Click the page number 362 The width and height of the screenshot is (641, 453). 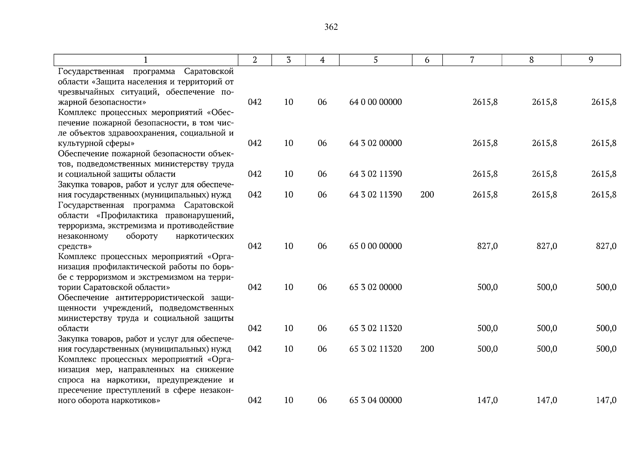331,27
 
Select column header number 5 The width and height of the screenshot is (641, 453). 375,60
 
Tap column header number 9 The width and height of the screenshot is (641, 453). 591,60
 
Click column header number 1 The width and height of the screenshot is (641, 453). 146,60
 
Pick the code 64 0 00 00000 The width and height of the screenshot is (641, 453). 375,102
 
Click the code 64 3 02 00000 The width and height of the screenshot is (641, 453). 375,143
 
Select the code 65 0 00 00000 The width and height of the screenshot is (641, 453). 375,246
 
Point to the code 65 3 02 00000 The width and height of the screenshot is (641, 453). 375,287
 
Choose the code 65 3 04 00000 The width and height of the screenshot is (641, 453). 375,400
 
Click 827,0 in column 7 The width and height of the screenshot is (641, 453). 487,246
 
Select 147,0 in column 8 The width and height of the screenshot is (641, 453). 547,400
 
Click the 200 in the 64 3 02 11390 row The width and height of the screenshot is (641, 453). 427,195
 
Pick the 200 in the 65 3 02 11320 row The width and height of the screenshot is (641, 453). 427,349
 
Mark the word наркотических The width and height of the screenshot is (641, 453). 205,236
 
